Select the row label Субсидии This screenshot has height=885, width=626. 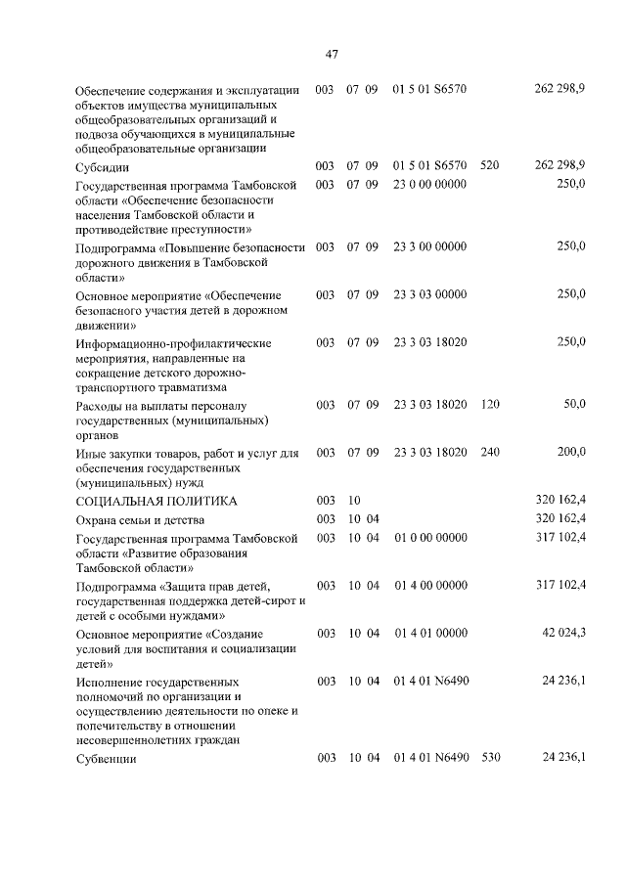coord(103,165)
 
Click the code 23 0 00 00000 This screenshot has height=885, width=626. coord(429,184)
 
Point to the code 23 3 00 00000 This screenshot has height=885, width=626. coord(429,247)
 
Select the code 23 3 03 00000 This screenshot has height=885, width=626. coord(429,294)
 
